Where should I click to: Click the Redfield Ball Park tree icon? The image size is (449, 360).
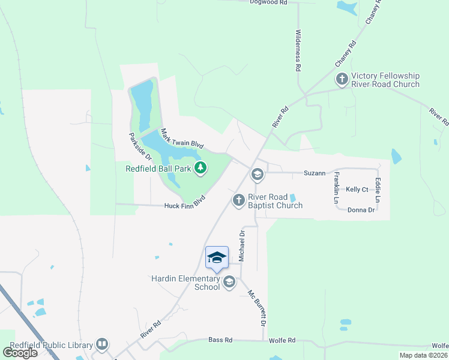tap(200, 169)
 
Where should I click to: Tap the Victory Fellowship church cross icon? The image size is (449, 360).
tap(342, 79)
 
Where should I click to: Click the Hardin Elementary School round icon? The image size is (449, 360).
tap(229, 281)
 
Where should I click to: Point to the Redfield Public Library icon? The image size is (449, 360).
tap(102, 344)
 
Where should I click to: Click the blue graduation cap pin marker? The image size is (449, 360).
tap(217, 258)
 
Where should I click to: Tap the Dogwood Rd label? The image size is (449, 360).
tap(269, 3)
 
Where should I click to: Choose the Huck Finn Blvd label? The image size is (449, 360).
tap(185, 202)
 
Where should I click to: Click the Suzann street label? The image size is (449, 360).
tap(314, 173)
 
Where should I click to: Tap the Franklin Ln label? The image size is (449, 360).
tap(337, 187)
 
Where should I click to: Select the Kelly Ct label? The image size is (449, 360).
tap(357, 190)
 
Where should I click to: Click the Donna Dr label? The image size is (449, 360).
tap(361, 210)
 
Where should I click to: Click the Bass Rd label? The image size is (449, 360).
tap(220, 340)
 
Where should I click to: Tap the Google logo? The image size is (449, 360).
tap(20, 352)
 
